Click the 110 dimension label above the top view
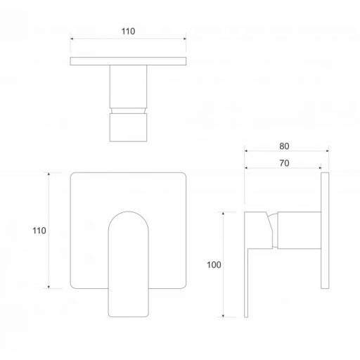click(128, 32)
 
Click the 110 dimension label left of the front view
click(39, 231)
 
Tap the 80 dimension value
click(284, 146)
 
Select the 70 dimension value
click(284, 163)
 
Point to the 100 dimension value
click(214, 265)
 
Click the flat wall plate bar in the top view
click(128, 61)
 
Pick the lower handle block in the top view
click(128, 127)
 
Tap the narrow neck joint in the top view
click(128, 110)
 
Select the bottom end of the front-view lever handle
click(129, 316)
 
